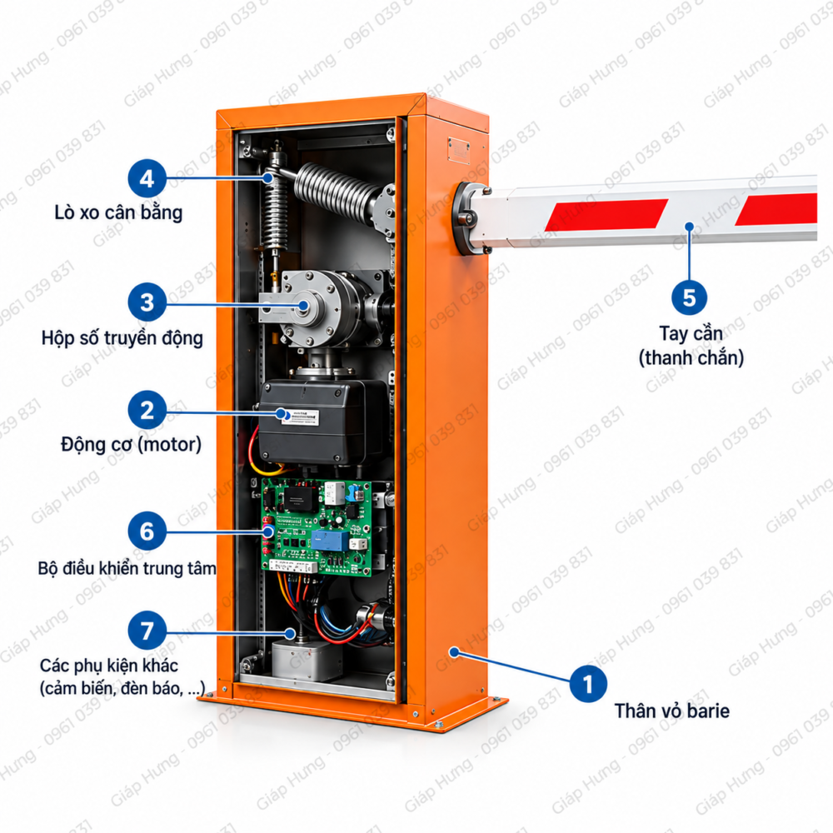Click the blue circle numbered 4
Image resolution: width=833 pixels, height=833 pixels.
147,178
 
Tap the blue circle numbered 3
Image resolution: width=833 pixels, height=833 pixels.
147,302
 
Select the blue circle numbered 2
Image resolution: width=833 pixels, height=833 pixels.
147,410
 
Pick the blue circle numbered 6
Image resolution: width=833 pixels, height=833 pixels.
147,531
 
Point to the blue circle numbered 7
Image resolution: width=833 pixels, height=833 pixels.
147,631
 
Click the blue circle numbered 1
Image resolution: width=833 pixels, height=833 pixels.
588,684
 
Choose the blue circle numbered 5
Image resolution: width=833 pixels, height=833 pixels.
689,297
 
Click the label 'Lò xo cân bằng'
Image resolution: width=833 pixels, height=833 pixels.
118,212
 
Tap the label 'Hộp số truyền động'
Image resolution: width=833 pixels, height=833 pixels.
122,338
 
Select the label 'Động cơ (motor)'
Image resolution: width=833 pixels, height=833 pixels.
132,444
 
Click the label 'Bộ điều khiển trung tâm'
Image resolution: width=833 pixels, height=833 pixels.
127,568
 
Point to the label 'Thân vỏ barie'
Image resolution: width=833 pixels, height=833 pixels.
672,711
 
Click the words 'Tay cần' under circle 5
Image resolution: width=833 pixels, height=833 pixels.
691,334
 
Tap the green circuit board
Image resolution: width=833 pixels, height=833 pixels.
317,527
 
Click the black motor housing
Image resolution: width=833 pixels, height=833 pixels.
322,422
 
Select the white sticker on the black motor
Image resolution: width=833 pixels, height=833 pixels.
300,417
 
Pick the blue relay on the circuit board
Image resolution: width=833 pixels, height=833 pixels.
329,540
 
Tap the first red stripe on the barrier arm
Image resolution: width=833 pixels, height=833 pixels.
606,215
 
